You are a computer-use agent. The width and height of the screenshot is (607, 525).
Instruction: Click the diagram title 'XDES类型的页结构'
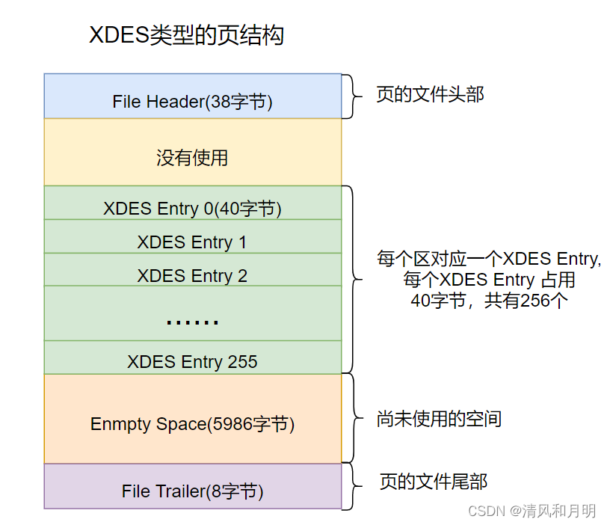[x=186, y=35]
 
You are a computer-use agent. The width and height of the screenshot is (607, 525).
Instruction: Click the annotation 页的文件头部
[x=430, y=95]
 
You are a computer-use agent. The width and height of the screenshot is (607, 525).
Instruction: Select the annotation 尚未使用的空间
[x=439, y=419]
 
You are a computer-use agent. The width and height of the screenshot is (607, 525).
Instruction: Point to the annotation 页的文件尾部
[x=434, y=481]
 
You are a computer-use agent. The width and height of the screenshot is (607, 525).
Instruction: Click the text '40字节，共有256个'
[x=490, y=301]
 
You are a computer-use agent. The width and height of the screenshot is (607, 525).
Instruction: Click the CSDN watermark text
[x=531, y=511]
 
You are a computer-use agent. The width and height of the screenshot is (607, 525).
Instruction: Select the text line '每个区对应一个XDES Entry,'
[x=490, y=260]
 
